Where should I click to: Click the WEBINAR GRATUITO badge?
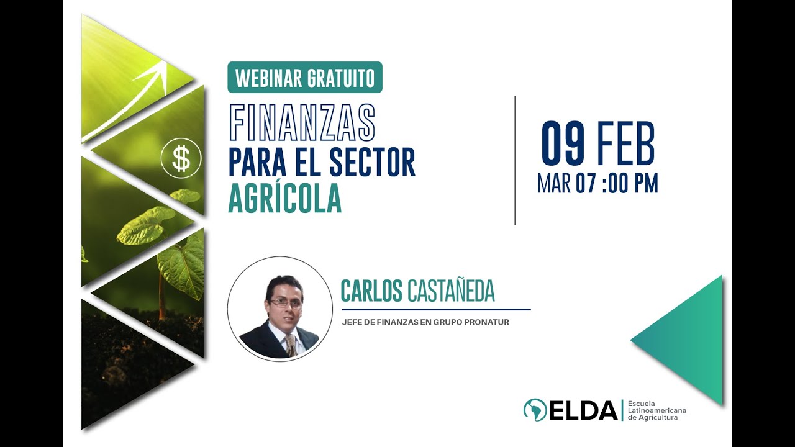pos(305,78)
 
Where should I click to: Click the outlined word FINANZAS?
pos(302,122)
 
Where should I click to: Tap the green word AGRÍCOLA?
pos(285,199)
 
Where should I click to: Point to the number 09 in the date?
pos(563,145)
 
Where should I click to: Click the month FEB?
pos(625,145)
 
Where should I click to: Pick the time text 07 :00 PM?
pos(617,184)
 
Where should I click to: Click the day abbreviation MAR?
pos(554,184)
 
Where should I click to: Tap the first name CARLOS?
pos(371,291)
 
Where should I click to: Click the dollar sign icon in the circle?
pos(181,159)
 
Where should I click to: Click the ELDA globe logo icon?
pos(535,410)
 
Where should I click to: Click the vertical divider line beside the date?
pos(515,160)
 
